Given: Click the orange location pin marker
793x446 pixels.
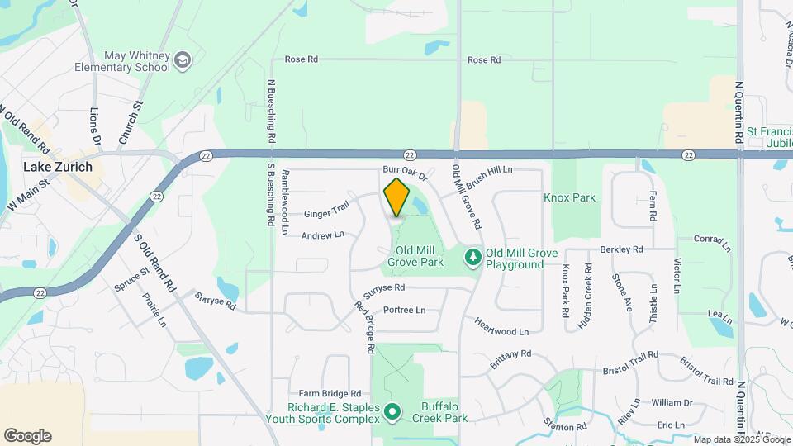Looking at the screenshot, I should (x=396, y=197).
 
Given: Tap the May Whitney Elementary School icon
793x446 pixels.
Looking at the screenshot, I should (x=182, y=59).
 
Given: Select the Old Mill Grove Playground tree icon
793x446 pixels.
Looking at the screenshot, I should (x=472, y=258).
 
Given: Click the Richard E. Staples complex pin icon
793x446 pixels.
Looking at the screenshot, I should (x=392, y=410).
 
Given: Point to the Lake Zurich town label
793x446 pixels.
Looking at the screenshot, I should (x=57, y=167).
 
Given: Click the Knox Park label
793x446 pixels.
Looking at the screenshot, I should (x=569, y=198).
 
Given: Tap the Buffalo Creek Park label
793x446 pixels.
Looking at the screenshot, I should (x=444, y=412).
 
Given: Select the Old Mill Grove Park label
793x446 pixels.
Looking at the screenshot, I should (x=415, y=256).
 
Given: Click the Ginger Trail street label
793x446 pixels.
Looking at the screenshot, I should (x=327, y=214).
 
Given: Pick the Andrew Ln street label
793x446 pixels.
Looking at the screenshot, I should (x=322, y=235).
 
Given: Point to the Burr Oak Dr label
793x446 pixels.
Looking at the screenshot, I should (x=405, y=174).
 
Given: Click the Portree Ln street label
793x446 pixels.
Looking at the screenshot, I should (x=405, y=311).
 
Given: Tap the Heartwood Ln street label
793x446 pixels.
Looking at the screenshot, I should (x=501, y=327).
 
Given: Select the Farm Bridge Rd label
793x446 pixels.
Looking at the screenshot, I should (x=330, y=394).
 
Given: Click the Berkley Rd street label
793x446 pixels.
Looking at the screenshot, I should (x=621, y=249).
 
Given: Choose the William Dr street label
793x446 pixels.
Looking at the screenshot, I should (x=671, y=403).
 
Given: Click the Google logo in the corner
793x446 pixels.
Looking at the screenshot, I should (x=27, y=436).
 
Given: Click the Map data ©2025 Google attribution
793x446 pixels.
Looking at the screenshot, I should (x=741, y=439).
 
